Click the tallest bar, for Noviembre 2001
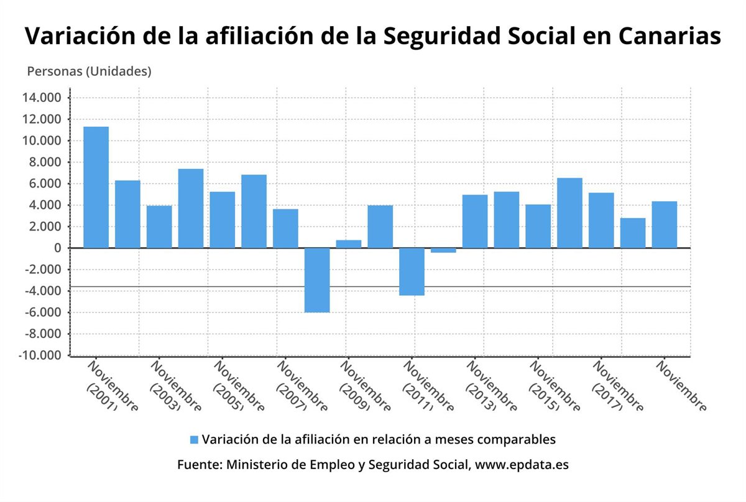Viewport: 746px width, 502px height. [96, 187]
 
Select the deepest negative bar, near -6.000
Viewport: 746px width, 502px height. [317, 280]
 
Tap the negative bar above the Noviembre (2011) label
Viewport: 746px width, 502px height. [412, 272]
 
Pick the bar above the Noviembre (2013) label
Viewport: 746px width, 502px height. [475, 221]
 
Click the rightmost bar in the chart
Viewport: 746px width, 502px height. [665, 224]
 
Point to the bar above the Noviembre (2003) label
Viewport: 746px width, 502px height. [159, 227]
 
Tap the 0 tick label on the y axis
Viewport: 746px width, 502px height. [57, 248]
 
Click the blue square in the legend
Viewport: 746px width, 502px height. [194, 440]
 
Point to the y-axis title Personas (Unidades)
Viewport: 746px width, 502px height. [89, 71]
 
